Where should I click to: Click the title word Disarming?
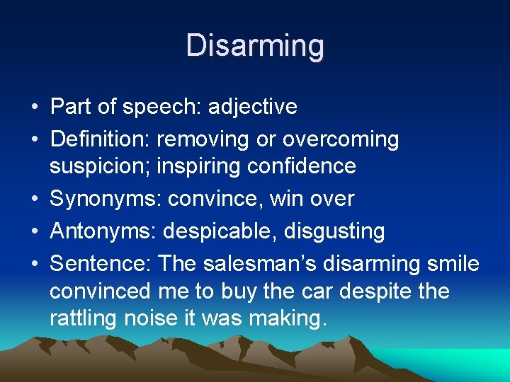click(255, 46)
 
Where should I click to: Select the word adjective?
click(252, 107)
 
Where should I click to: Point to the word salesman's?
click(261, 264)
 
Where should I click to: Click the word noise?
click(150, 318)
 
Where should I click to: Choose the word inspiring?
click(198, 166)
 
